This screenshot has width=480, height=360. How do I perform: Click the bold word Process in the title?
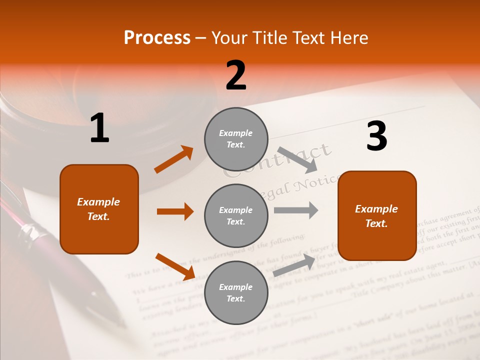157,38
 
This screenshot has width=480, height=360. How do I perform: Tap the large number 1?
99,128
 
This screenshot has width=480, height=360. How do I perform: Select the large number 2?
236,75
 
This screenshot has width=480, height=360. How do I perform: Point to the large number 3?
376,136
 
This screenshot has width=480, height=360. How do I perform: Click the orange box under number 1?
99,209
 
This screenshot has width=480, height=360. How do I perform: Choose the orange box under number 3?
377,215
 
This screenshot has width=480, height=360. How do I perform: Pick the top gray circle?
236,138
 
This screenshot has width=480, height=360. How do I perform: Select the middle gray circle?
236,215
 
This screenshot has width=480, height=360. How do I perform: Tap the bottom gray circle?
236,292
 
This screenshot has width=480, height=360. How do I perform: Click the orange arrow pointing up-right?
174,159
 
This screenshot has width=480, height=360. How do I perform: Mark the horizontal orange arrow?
175,211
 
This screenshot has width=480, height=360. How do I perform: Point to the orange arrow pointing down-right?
175,266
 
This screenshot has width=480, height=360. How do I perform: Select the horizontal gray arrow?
296,210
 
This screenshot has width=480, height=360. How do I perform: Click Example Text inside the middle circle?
236,215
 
